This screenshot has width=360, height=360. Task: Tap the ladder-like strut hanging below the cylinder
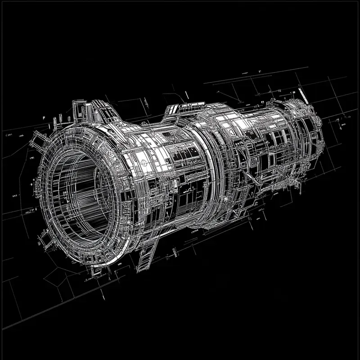[x=147, y=255]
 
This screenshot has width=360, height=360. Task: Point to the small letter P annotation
[x=44, y=117]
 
